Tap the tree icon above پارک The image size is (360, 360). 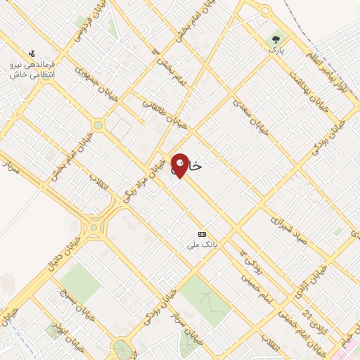[x=276, y=40]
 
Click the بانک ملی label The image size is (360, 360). [x=201, y=244]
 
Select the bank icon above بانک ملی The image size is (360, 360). [x=202, y=234]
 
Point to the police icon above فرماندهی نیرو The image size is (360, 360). [x=31, y=53]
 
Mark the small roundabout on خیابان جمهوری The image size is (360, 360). [x=98, y=125]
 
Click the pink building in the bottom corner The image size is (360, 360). [x=352, y=351]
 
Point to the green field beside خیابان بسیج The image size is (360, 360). [x=79, y=282]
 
